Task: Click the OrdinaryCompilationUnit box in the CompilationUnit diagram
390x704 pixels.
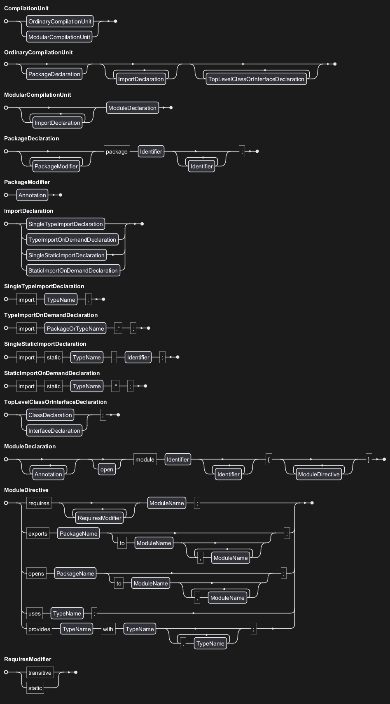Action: tap(60, 21)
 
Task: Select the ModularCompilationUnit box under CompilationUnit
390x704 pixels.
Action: tap(59, 37)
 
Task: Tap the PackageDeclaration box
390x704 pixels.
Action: tap(54, 74)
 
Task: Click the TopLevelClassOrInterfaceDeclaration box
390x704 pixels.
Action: tap(256, 79)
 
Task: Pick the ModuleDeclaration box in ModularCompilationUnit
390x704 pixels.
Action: tap(132, 108)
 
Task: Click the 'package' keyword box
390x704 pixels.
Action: tap(117, 152)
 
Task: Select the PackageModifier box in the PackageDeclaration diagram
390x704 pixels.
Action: tap(56, 166)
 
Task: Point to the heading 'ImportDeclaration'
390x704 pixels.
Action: tap(28, 211)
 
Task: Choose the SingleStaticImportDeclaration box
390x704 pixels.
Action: tap(66, 255)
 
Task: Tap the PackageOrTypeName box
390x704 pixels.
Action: tap(75, 329)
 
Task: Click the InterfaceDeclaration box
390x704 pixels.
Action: tap(54, 431)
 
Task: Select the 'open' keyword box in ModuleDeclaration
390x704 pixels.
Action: tap(107, 469)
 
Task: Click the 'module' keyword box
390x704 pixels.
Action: tap(145, 459)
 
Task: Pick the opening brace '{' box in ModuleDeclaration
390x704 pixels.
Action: tap(269, 459)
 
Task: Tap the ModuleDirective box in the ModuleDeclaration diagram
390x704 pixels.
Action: tap(319, 474)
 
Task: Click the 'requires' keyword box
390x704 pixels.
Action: tap(39, 503)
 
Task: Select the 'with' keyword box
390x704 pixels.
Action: tap(108, 629)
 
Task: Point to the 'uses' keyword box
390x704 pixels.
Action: tap(35, 613)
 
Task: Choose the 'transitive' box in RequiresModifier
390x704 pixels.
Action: tap(40, 673)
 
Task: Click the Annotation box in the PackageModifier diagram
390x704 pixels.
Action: tap(32, 195)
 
